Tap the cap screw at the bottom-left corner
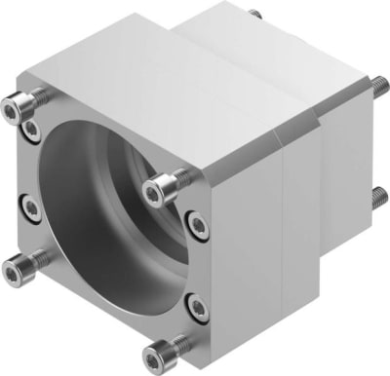click(x=21, y=260)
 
